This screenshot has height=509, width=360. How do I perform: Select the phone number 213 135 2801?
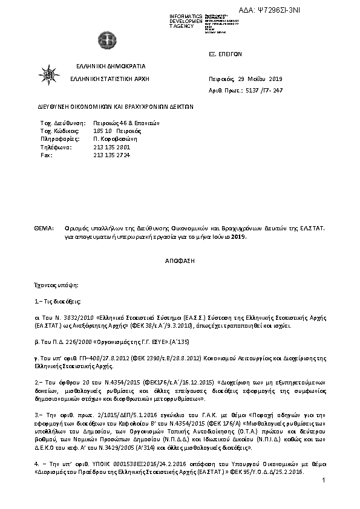pos(112,147)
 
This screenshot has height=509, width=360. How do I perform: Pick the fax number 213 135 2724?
pos(112,155)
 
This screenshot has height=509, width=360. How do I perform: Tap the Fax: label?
pos(45,155)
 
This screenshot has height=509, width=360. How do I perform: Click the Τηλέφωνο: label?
pos(56,147)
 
